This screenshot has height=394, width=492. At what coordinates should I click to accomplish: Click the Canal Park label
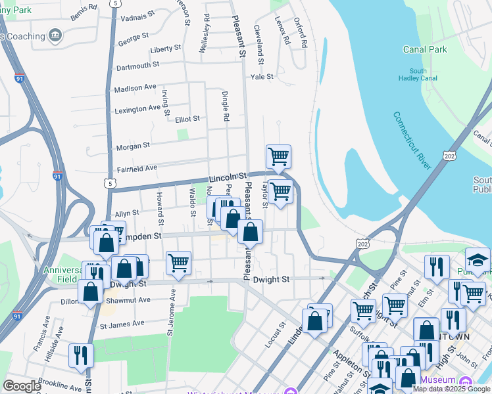[x=425, y=49]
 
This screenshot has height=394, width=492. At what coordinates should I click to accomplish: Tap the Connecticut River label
[x=412, y=141]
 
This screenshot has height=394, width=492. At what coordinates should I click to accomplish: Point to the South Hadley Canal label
[x=418, y=75]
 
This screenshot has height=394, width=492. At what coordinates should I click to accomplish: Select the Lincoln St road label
[x=227, y=177]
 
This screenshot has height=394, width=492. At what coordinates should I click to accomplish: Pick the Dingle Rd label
[x=225, y=106]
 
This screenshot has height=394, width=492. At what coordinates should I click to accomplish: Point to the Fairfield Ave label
[x=137, y=169]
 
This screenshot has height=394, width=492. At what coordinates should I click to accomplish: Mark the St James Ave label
[x=122, y=324]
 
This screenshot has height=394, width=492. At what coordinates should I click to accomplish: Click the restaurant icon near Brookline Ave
[x=82, y=355]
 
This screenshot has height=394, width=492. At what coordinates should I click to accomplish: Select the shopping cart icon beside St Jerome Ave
[x=178, y=263]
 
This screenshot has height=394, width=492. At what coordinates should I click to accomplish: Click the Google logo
[x=22, y=386]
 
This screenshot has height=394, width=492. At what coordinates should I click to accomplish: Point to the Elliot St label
[x=187, y=119]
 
